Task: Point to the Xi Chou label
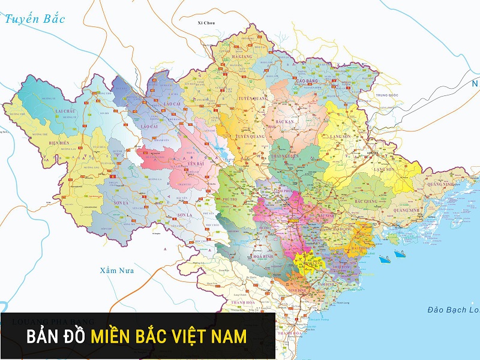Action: tap(206, 23)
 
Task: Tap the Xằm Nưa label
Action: tap(118, 271)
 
